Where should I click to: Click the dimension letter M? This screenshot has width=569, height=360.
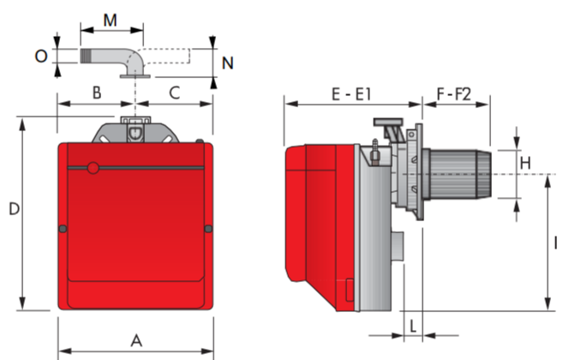pyautogui.click(x=110, y=21)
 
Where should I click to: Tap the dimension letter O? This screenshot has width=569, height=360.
pyautogui.click(x=41, y=57)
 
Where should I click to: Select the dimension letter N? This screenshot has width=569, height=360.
pyautogui.click(x=228, y=63)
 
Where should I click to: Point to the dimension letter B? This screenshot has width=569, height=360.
pyautogui.click(x=97, y=93)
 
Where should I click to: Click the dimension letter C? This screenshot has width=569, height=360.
pyautogui.click(x=175, y=93)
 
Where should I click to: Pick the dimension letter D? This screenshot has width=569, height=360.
pyautogui.click(x=14, y=209)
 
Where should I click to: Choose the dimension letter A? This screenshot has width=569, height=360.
pyautogui.click(x=136, y=341)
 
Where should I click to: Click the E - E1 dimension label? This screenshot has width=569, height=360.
pyautogui.click(x=351, y=94)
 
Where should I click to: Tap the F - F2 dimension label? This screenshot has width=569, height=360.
pyautogui.click(x=453, y=94)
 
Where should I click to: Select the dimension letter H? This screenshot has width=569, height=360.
pyautogui.click(x=525, y=164)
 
